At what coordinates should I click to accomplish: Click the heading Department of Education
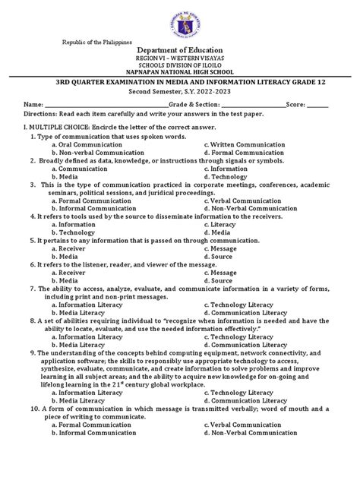(180, 50)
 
